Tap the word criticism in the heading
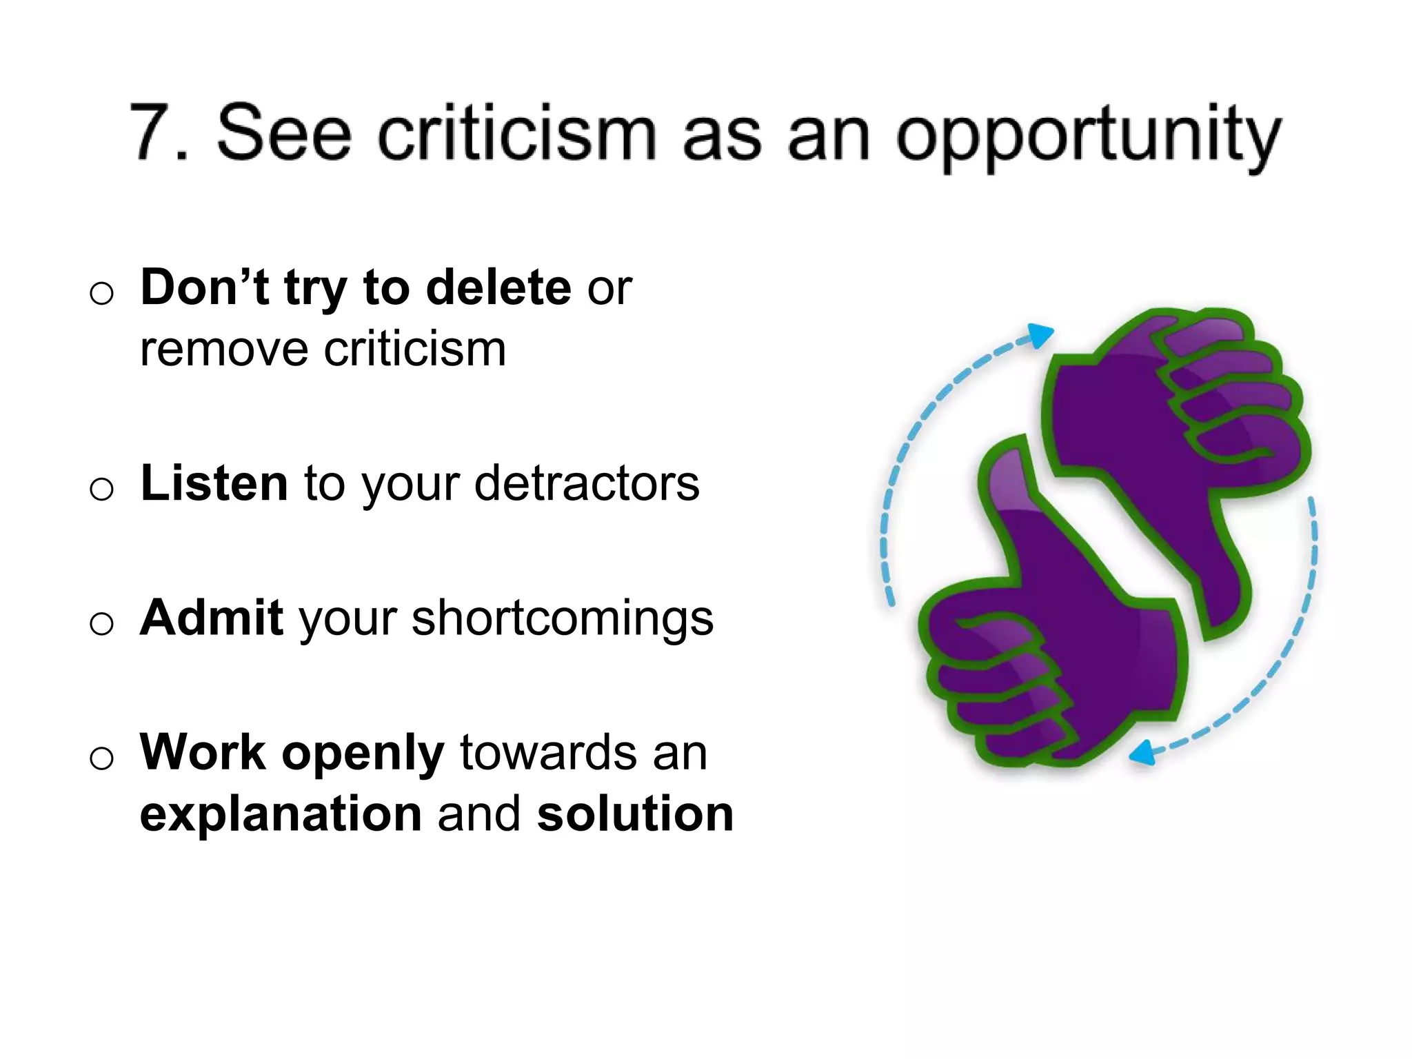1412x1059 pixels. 517,134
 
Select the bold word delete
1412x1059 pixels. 498,288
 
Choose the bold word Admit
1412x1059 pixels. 211,617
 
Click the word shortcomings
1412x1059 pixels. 563,618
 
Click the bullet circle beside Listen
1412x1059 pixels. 101,490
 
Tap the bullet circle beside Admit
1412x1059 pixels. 101,624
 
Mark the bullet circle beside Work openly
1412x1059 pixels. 101,758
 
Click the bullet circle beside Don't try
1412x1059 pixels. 101,294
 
